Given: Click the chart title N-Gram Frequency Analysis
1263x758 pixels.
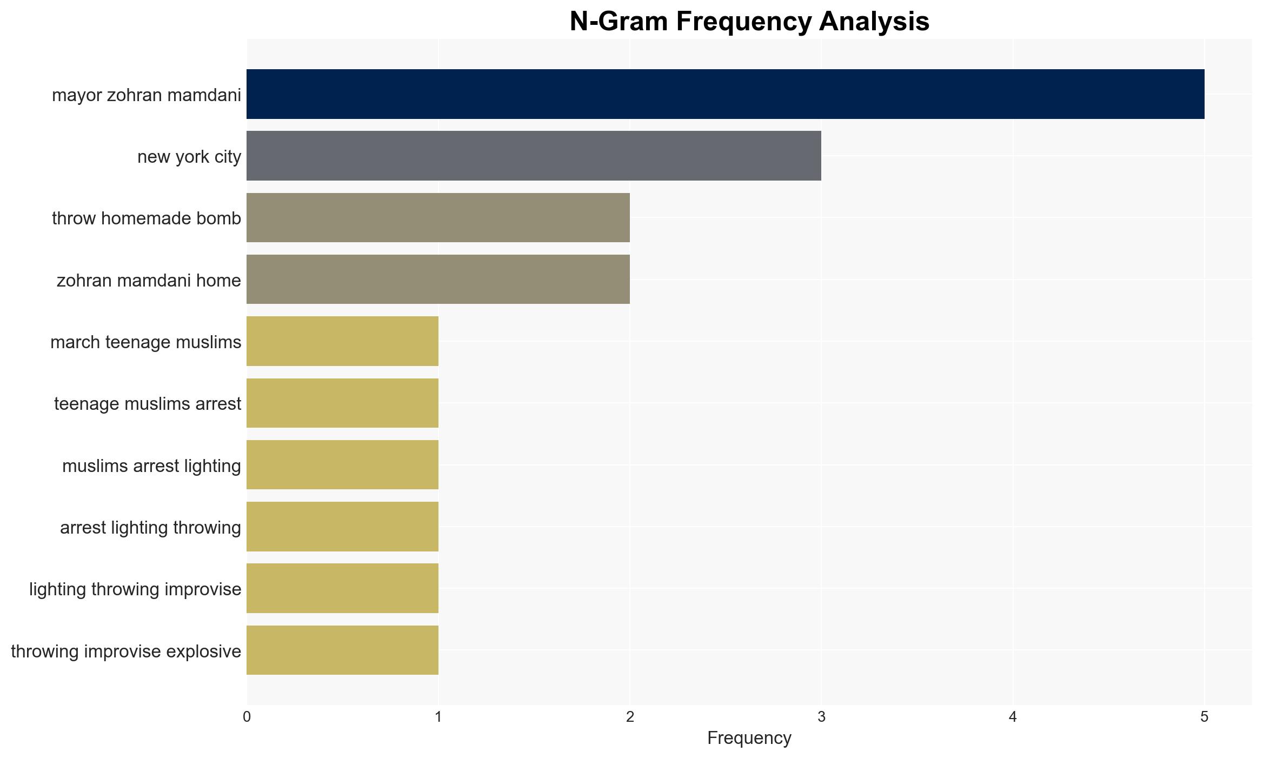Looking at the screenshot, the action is click(749, 22).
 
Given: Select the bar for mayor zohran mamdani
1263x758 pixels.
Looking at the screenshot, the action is click(726, 94).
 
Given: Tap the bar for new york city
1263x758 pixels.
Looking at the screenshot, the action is click(534, 156).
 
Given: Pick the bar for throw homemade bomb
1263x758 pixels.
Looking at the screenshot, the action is click(438, 217).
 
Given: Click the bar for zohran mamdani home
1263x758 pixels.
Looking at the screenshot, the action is click(438, 280).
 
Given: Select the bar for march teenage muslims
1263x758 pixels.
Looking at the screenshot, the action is click(342, 341).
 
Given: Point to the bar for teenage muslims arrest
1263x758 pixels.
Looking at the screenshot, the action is click(342, 403).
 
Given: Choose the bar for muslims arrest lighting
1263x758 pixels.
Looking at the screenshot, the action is click(342, 464).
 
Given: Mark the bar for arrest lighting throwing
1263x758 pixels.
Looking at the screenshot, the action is click(342, 527).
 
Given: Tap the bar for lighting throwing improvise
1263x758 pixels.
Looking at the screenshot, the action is click(342, 588).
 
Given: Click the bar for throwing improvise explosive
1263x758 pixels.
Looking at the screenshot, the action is click(342, 650).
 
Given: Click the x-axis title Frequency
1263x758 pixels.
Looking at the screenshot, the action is click(749, 738).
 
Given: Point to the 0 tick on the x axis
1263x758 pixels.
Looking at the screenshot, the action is click(247, 717).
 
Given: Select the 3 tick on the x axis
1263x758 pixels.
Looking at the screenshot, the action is click(821, 717).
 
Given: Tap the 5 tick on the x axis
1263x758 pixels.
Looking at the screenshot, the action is click(1204, 717).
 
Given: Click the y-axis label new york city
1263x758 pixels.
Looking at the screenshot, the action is click(189, 157).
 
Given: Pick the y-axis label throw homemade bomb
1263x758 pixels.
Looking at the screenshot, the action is click(147, 218).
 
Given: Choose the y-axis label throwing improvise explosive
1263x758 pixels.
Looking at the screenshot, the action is click(126, 651).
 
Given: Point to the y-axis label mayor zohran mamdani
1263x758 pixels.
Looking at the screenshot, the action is click(147, 95).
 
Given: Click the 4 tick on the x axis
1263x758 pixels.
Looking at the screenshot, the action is click(1013, 717).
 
